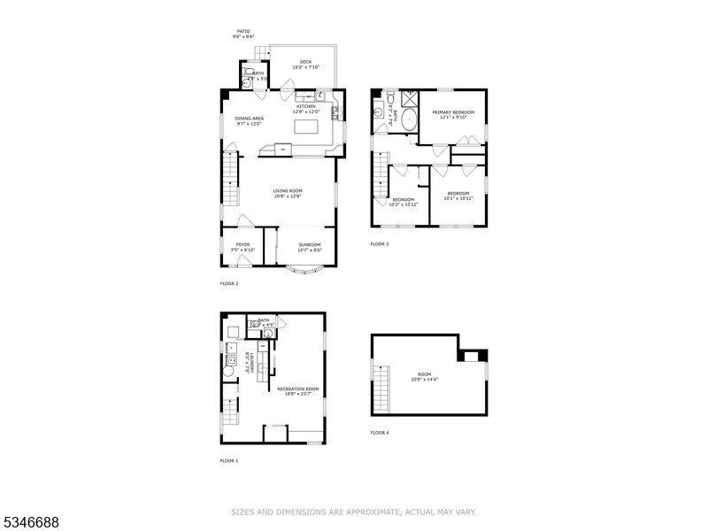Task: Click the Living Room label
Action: [288, 194]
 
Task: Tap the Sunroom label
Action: [309, 247]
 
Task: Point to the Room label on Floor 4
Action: [426, 377]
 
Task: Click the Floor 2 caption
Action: [229, 283]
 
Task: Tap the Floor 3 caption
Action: [379, 243]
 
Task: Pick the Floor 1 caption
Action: [229, 460]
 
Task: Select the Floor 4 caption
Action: [379, 433]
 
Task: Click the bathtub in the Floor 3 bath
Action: [411, 119]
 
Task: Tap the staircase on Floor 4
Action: [381, 389]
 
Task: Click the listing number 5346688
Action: [30, 523]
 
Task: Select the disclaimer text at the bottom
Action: [354, 512]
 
